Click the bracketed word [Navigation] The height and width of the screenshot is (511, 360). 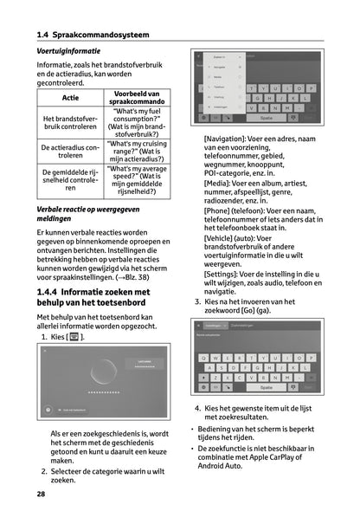(229, 139)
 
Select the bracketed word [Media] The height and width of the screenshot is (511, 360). (216, 184)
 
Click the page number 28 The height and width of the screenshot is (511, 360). (42, 494)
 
